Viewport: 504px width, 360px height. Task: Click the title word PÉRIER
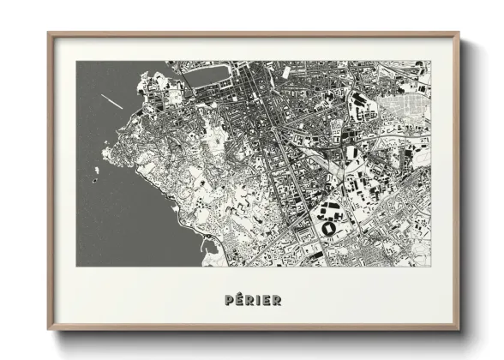point(252,300)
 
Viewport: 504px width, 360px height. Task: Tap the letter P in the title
point(228,300)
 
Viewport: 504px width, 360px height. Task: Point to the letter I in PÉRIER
point(258,300)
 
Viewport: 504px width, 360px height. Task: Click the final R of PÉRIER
point(276,300)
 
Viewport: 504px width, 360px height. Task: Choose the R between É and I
point(249,300)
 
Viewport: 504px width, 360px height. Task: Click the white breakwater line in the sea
point(111,99)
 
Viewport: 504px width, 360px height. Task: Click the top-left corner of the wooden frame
point(48,33)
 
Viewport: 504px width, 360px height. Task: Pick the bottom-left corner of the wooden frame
point(48,330)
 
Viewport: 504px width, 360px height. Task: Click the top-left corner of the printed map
point(76,62)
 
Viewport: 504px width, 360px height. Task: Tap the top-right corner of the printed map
point(431,62)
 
